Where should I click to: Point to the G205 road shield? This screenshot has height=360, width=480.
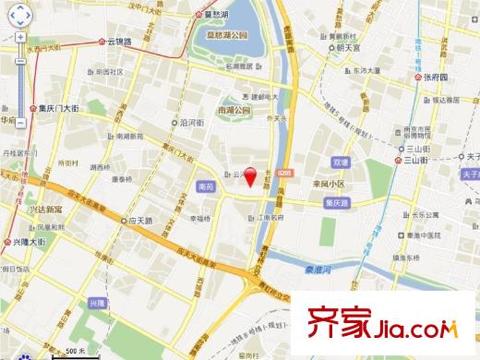coord(284,173)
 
